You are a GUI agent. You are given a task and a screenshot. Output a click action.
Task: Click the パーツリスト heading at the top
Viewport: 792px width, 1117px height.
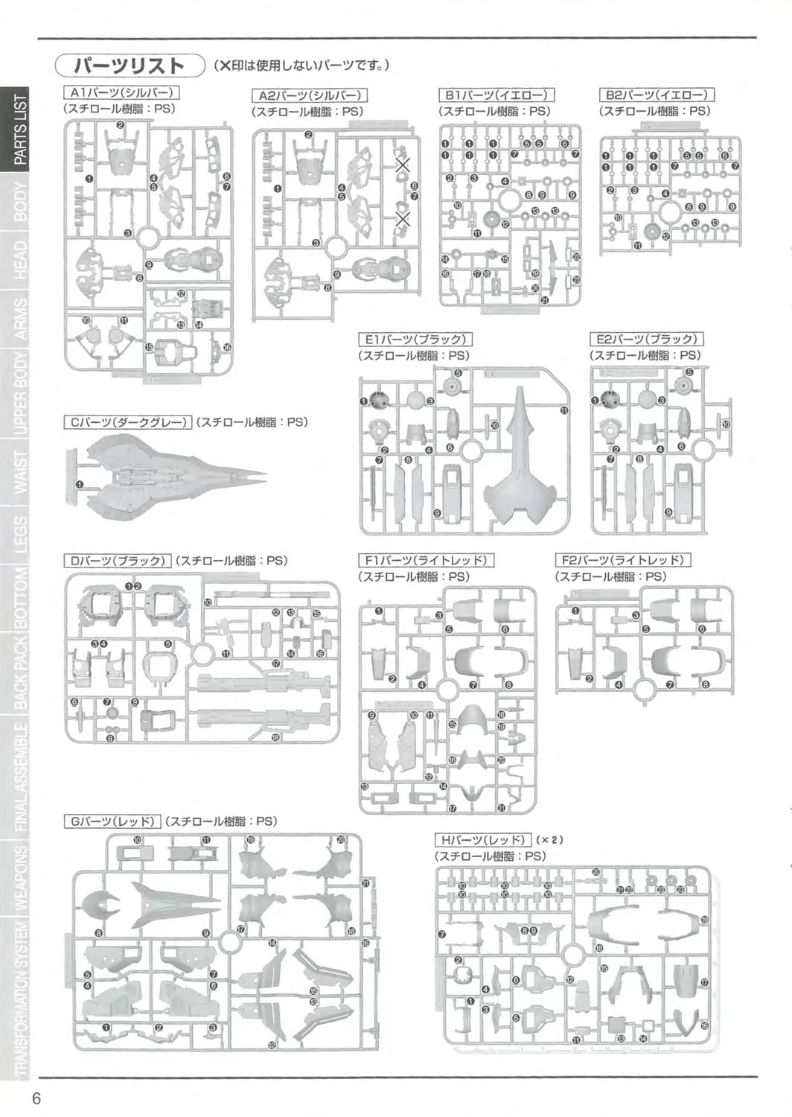(x=130, y=66)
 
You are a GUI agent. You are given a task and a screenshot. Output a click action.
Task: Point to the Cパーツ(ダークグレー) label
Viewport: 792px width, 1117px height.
(x=128, y=422)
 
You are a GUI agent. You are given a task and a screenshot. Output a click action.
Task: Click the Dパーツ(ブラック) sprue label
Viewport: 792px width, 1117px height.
(x=118, y=561)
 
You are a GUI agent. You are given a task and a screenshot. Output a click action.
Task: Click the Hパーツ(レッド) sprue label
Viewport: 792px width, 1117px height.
(x=483, y=840)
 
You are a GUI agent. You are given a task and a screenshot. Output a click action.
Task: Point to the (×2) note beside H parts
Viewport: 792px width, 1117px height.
(x=550, y=840)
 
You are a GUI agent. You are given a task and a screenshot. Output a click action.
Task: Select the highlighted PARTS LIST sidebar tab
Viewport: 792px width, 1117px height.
(x=19, y=130)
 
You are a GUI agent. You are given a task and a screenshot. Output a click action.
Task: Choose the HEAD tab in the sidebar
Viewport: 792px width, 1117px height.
(x=20, y=261)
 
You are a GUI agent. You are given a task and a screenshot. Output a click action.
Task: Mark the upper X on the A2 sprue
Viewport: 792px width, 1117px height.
(x=403, y=165)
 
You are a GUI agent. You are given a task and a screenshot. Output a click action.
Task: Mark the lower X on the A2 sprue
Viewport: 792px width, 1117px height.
(x=403, y=219)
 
